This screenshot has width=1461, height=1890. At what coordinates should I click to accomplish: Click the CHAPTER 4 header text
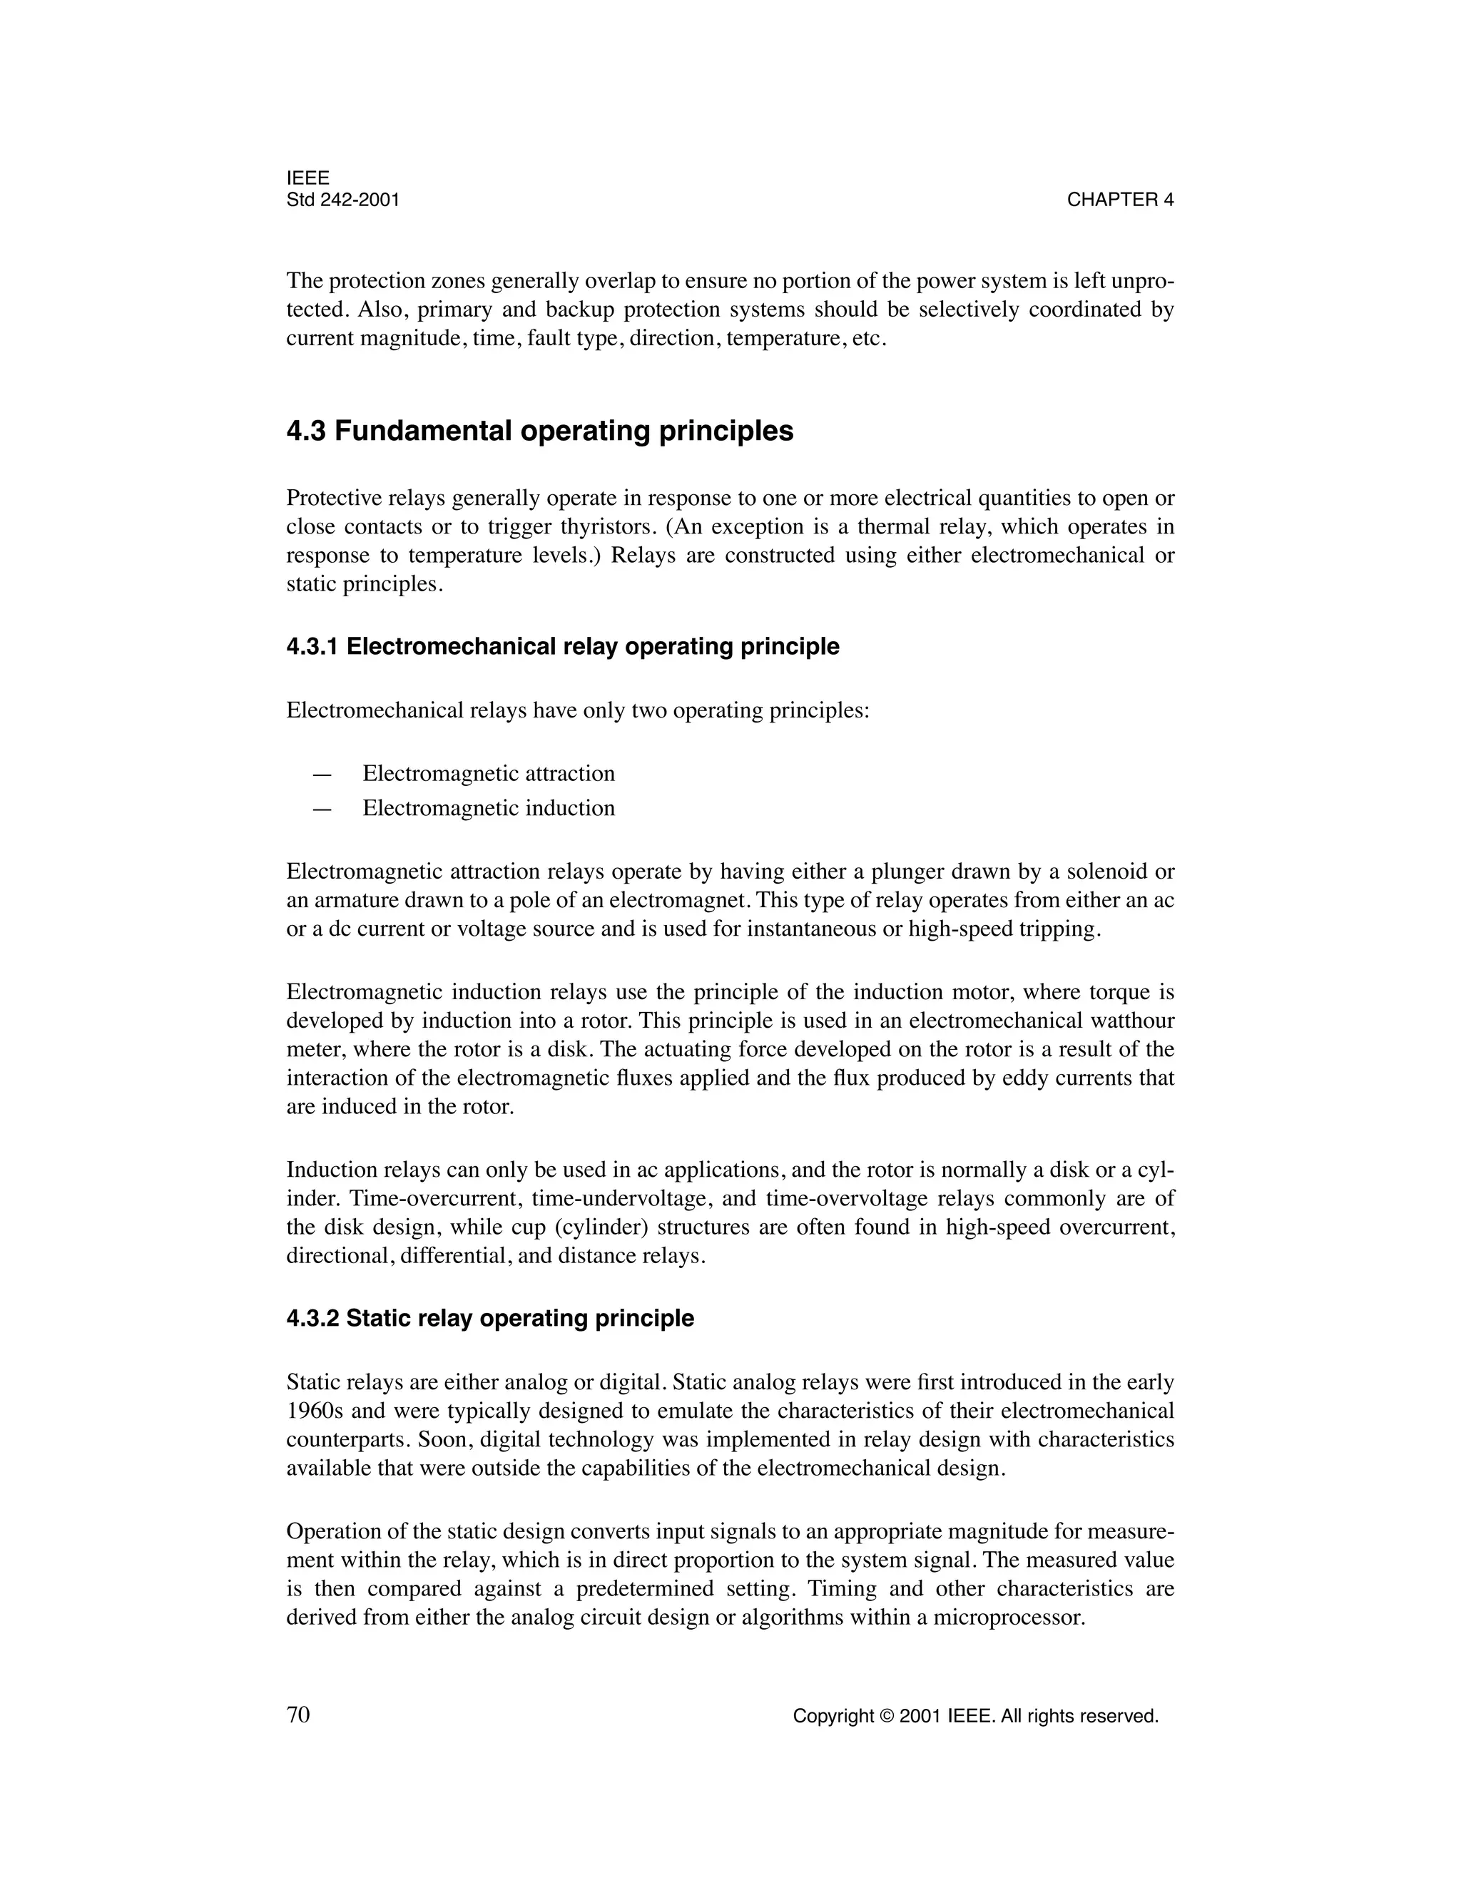[1120, 200]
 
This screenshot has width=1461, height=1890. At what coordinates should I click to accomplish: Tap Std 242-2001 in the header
[342, 200]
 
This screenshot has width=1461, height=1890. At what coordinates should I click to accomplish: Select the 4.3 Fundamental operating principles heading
[539, 431]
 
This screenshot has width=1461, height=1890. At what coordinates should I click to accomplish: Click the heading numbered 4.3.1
[563, 646]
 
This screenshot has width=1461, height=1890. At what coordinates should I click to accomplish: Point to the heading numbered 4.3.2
[490, 1318]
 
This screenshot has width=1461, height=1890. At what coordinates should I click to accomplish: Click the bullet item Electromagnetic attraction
[488, 773]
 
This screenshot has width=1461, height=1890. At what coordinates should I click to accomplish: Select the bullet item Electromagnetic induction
[488, 807]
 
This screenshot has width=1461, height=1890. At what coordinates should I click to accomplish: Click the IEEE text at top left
[307, 178]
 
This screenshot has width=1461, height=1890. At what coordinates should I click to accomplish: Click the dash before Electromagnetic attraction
[322, 774]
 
